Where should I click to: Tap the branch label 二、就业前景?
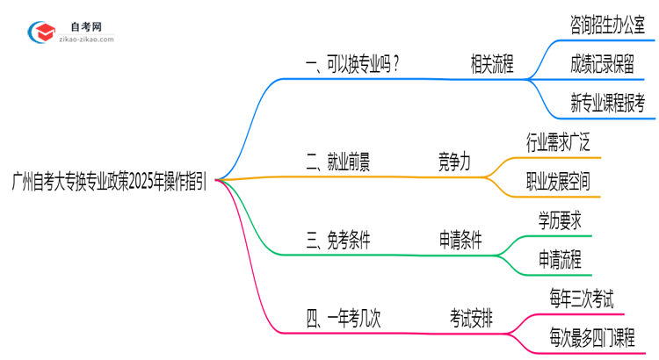tap(338, 162)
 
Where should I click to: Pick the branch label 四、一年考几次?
tap(344, 318)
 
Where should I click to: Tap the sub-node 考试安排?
tap(471, 318)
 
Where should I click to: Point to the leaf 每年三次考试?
tap(582, 299)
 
